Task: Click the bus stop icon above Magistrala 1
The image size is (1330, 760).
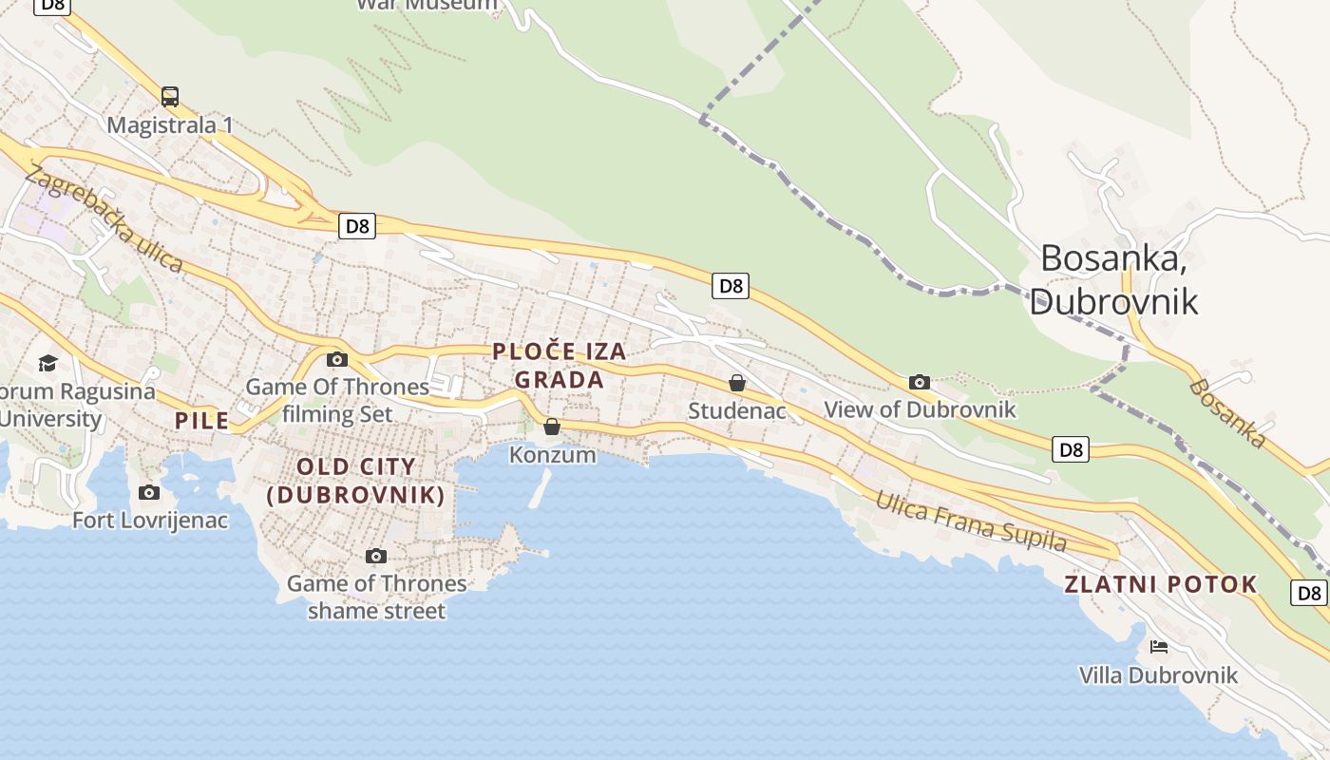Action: click(x=170, y=96)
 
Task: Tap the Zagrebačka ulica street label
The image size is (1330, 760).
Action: click(x=104, y=218)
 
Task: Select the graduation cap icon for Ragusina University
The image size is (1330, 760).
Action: click(x=47, y=363)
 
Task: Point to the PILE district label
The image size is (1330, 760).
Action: click(x=201, y=421)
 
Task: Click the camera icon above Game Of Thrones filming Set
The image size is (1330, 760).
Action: click(x=336, y=359)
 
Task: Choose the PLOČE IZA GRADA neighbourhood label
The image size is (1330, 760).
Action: click(x=560, y=366)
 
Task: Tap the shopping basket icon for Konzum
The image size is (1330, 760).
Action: click(x=552, y=427)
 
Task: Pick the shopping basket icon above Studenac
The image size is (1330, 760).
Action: click(x=737, y=383)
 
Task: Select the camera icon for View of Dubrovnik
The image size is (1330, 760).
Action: click(x=919, y=382)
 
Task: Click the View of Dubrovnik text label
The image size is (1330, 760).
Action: click(x=920, y=409)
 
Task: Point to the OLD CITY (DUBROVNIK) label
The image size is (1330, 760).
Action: click(x=356, y=481)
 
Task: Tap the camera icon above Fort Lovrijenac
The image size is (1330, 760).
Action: click(x=149, y=492)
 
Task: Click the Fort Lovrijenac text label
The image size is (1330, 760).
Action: click(x=150, y=521)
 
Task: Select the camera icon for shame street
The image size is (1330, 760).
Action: click(x=376, y=556)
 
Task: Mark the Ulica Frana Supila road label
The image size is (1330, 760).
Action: click(x=971, y=521)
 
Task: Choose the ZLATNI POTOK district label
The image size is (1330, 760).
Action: click(x=1161, y=584)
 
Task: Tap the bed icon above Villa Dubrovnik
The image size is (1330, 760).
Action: click(x=1158, y=647)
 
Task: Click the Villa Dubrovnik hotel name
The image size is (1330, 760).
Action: click(x=1158, y=675)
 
